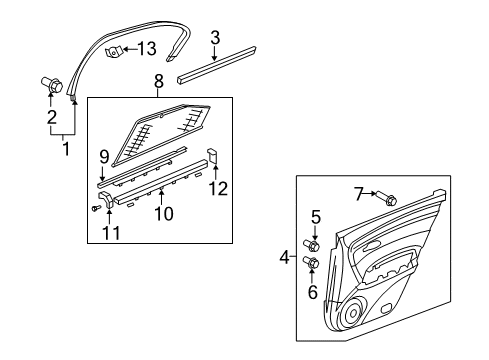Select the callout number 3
pyautogui.click(x=214, y=38)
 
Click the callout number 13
pyautogui.click(x=146, y=49)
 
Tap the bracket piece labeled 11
pyautogui.click(x=109, y=199)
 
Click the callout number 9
pyautogui.click(x=103, y=156)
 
